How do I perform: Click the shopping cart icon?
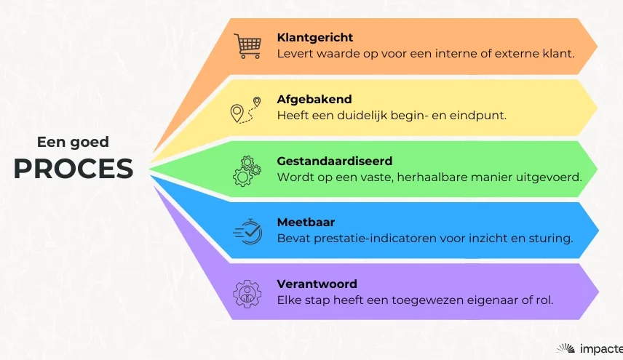tap(247, 46)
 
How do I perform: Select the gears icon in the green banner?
tap(247, 171)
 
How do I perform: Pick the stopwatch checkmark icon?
tap(247, 231)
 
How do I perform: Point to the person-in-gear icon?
tap(247, 294)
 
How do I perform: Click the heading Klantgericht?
tap(314, 38)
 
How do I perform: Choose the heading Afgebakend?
tap(314, 99)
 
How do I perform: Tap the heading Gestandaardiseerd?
tap(335, 161)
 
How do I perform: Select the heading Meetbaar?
tap(306, 223)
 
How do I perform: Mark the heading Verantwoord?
tap(317, 284)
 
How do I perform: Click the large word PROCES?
tap(74, 169)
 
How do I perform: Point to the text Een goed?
tap(73, 142)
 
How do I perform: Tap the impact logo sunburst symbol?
tap(566, 348)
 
